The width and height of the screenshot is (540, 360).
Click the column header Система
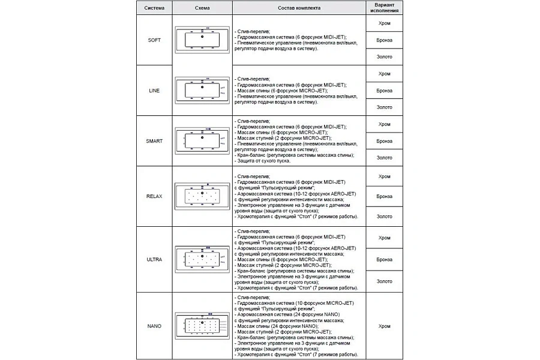[x=154, y=8]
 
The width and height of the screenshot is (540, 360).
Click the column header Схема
[x=202, y=8]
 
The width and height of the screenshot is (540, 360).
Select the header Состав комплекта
[x=299, y=8]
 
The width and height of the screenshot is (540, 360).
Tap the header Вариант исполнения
[x=385, y=8]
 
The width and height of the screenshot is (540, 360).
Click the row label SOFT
[x=154, y=40]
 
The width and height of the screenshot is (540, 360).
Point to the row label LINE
[x=154, y=90]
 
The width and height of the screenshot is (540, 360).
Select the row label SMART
[x=154, y=140]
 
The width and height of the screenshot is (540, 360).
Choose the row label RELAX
[x=154, y=196]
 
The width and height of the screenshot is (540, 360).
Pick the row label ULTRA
[x=154, y=259]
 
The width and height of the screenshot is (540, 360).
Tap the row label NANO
[x=154, y=326]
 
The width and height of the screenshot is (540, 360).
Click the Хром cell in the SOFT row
[x=385, y=23]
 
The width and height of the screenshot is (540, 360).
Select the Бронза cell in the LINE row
[x=385, y=90]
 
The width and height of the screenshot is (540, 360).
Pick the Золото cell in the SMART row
[x=385, y=157]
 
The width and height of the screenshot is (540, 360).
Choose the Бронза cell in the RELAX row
[x=385, y=196]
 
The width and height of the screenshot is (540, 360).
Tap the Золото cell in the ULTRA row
[x=385, y=281]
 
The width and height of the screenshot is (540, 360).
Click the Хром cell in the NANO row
[x=385, y=326]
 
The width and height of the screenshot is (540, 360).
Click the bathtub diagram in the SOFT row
[x=202, y=40]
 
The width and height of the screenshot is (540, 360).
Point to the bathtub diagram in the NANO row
[x=202, y=326]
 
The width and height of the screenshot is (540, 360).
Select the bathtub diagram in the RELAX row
[x=202, y=196]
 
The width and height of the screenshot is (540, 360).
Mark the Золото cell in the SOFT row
[x=385, y=56]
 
